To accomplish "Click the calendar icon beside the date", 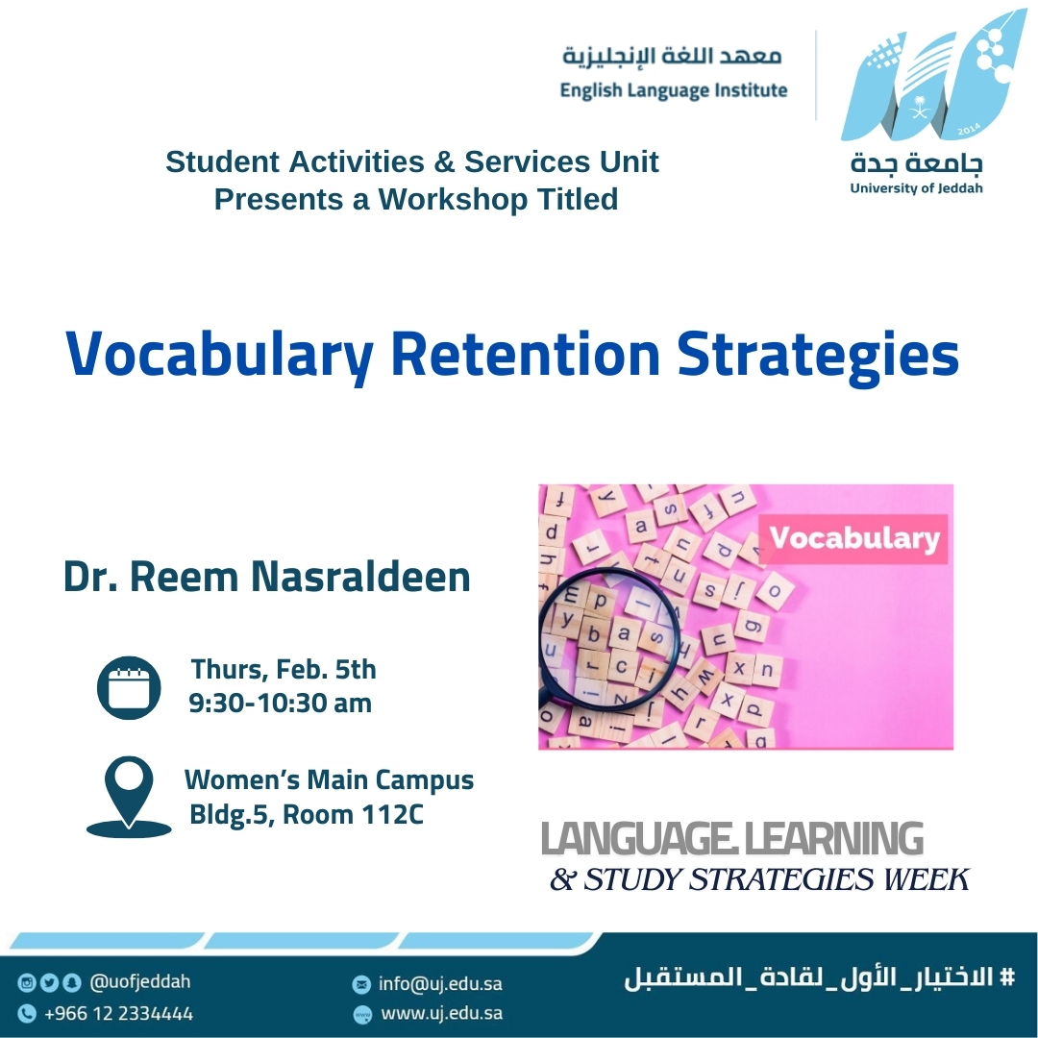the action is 129,688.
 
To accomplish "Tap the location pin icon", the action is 129,797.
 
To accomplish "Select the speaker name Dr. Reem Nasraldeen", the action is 267,577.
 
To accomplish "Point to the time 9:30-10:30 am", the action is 280,703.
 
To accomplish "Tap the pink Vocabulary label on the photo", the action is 854,538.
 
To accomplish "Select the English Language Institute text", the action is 674,90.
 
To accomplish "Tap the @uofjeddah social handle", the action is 139,981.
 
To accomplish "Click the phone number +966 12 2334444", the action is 118,1014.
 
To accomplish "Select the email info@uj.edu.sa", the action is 440,984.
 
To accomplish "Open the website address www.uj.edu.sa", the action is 441,1014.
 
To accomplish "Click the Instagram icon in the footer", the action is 27,982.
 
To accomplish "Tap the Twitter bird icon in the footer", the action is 49,982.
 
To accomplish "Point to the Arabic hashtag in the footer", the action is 820,977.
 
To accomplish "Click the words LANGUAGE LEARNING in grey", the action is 732,839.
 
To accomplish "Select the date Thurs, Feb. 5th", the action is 284,669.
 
